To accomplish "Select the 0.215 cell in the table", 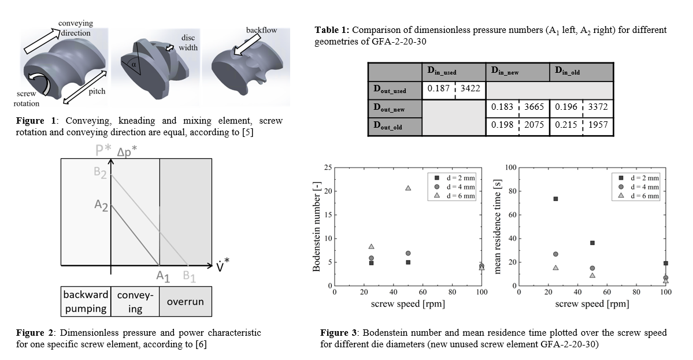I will (565, 124).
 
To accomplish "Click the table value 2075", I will (533, 124).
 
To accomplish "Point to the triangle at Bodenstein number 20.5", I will (408, 188).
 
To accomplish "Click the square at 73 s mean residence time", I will (555, 199).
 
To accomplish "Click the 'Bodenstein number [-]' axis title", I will (316, 227).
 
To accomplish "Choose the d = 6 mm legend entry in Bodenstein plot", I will (452, 196).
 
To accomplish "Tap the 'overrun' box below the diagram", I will (185, 302).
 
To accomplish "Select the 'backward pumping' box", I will (85, 302).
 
